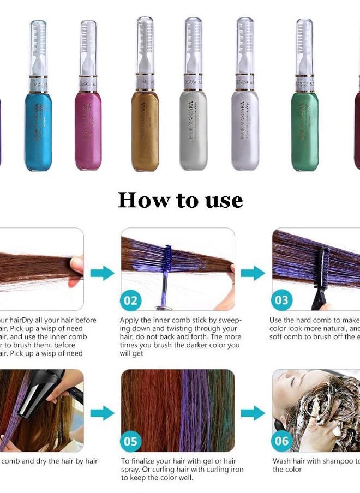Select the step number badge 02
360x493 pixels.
pyautogui.click(x=130, y=300)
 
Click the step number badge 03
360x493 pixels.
pyautogui.click(x=282, y=300)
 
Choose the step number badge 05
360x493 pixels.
pyautogui.click(x=130, y=441)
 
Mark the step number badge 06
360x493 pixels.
pyautogui.click(x=282, y=441)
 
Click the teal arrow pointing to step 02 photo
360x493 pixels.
pyautogui.click(x=102, y=272)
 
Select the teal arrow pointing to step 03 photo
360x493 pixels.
pyautogui.click(x=253, y=272)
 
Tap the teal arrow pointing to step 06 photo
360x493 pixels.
pyautogui.click(x=253, y=413)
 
